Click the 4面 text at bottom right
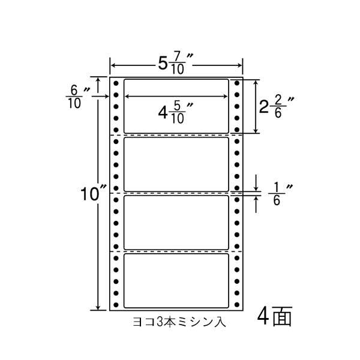(274, 317)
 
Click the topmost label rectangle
(176, 106)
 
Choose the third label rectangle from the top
(176, 222)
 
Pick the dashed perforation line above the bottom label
(176, 251)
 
